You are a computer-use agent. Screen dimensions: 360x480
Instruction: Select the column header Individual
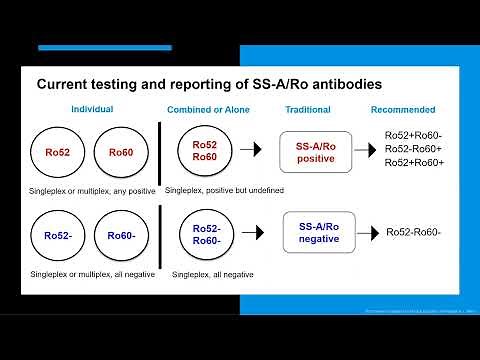click(x=91, y=109)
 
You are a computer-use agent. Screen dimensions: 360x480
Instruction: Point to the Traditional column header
click(x=308, y=109)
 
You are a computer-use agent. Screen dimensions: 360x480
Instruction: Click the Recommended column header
click(x=403, y=109)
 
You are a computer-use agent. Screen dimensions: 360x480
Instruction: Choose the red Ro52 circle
click(x=58, y=153)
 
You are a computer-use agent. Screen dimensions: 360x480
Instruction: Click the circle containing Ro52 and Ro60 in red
click(x=205, y=151)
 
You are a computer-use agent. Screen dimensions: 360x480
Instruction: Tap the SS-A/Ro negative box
click(x=320, y=234)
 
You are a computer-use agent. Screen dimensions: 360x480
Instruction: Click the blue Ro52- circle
click(x=59, y=236)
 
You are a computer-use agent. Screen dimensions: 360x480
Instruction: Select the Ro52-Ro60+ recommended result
click(x=414, y=148)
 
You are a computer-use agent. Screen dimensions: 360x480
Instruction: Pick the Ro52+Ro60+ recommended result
click(x=414, y=163)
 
